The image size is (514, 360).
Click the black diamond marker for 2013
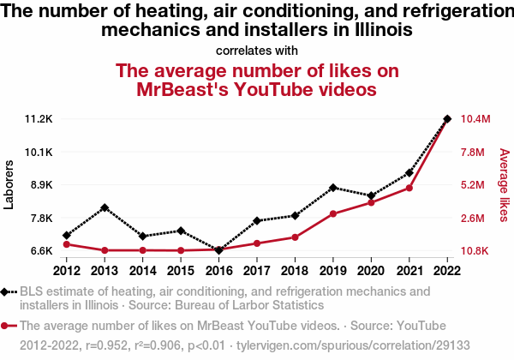pos(105,207)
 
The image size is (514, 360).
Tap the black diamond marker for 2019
pos(333,187)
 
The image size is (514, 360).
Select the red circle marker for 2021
pos(409,188)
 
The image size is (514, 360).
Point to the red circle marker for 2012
pos(67,244)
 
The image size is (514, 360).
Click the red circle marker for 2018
pos(295,237)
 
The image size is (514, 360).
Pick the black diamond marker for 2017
pos(257,220)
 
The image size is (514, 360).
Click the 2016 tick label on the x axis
pos(218,271)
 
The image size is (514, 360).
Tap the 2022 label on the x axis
pos(447,271)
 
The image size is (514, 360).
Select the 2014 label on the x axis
pos(143,271)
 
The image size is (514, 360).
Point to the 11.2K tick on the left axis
pos(39,118)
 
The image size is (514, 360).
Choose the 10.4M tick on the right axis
pos(475,118)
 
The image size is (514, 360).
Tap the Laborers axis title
pos(9,184)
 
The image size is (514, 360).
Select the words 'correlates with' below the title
pos(257,50)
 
